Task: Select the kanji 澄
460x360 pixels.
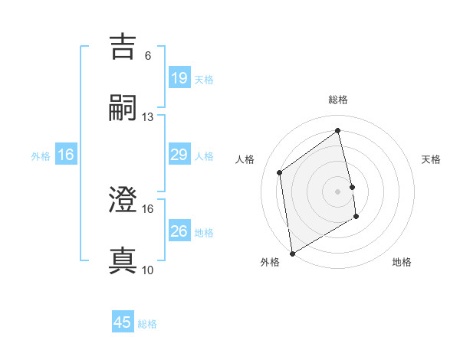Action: pos(123,200)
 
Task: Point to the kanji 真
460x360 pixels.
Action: pos(123,260)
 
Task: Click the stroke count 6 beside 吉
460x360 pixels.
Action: pos(147,55)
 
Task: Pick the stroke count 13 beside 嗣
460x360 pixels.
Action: pos(147,117)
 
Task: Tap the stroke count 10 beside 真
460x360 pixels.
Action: pos(147,270)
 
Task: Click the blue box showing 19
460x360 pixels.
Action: pos(179,78)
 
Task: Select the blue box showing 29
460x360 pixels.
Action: pos(179,155)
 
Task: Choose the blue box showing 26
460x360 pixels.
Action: pos(179,231)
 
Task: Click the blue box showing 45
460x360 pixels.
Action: pos(123,322)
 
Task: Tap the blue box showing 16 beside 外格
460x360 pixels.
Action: pos(66,155)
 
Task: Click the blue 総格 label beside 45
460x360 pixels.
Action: pos(147,324)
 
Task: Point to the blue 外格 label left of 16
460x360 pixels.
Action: pos(41,155)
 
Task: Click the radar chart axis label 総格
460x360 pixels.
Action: pos(338,100)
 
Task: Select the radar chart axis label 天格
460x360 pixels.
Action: pos(432,159)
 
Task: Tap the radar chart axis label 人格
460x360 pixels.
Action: pos(245,159)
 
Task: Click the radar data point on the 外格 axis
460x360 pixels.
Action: pos(291,253)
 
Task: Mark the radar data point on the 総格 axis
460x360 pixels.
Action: pos(338,130)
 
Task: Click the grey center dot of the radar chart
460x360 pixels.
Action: pos(338,191)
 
